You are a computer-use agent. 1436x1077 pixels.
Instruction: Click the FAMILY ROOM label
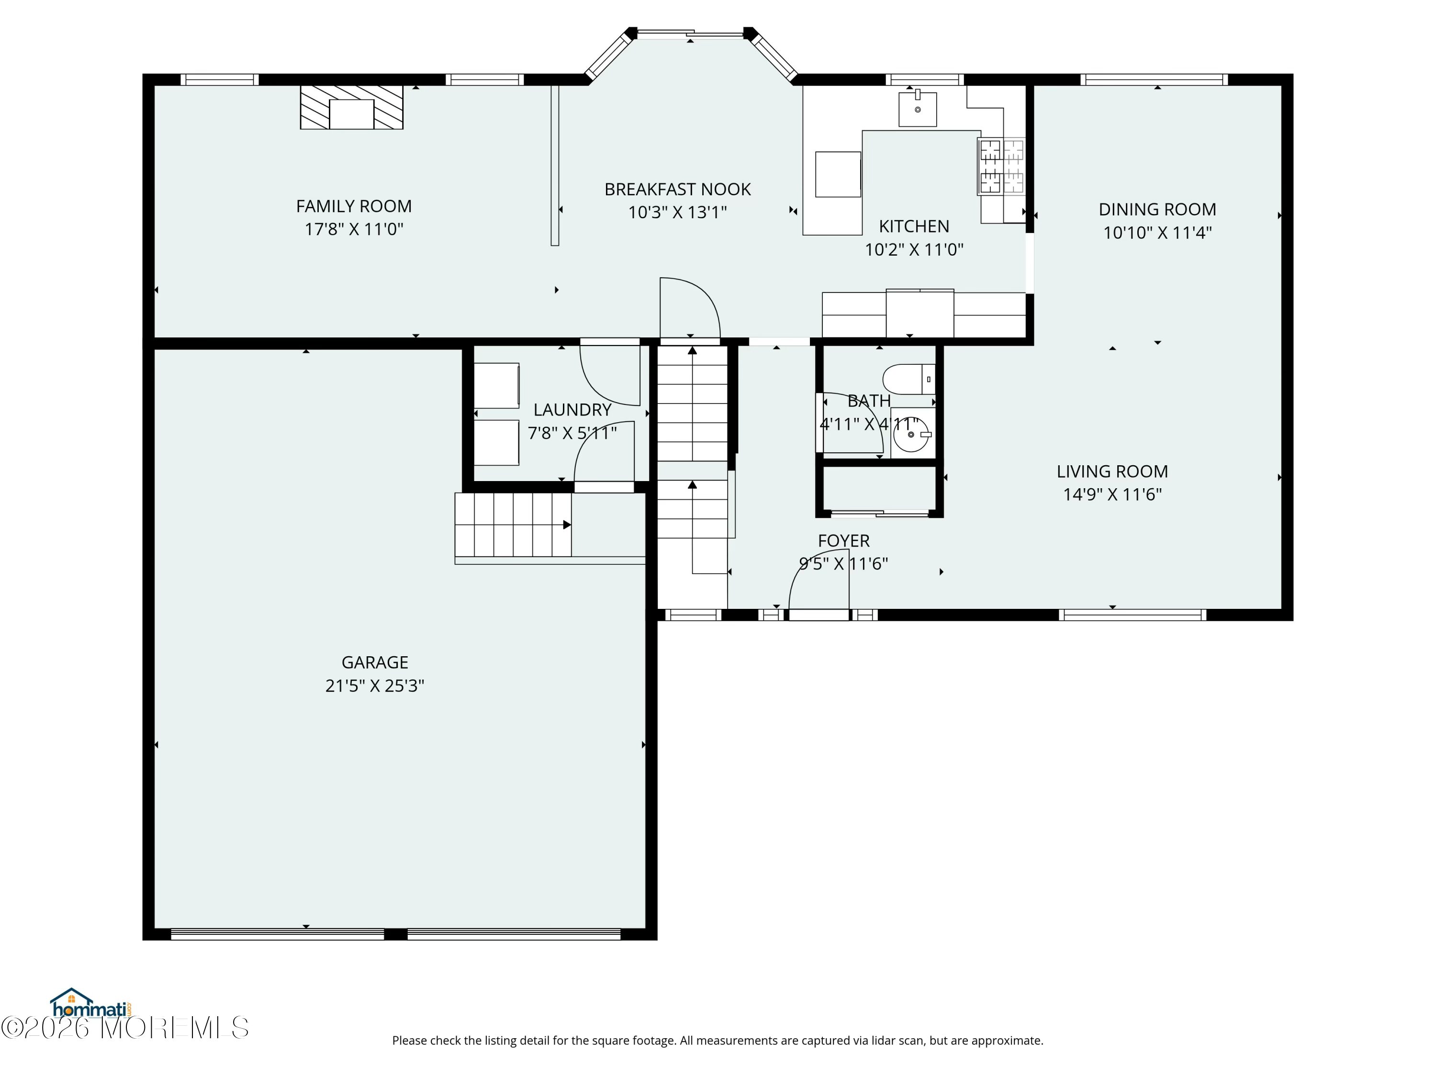(354, 206)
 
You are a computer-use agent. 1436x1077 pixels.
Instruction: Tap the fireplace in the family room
(351, 107)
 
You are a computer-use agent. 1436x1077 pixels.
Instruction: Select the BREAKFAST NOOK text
(677, 190)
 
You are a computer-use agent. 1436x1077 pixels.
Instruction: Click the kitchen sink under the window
(917, 108)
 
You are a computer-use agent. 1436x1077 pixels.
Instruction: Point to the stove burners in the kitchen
(1001, 166)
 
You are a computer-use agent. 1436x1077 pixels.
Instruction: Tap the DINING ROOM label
(1157, 210)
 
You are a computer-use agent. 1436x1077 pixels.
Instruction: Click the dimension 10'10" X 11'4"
(1157, 233)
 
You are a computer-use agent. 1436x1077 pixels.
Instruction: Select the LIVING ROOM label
(1112, 471)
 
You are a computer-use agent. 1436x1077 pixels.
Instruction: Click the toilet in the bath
(909, 379)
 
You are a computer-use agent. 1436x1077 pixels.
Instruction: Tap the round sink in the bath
(913, 434)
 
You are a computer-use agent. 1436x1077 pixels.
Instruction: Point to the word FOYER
(843, 541)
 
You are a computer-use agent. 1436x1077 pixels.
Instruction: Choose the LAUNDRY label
(572, 410)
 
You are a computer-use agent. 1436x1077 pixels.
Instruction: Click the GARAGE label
(375, 663)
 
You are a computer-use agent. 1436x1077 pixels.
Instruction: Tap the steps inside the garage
(513, 525)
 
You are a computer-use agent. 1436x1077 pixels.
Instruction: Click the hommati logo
(91, 1004)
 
